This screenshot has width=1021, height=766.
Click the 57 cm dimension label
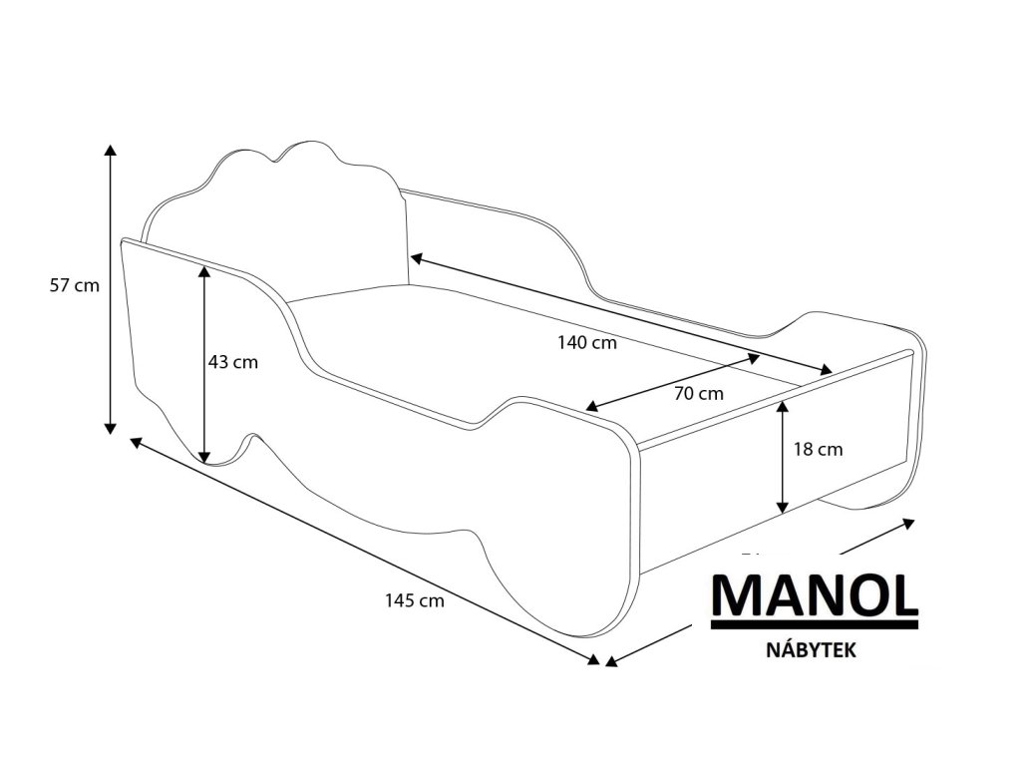75,285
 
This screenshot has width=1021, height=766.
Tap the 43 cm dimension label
233,362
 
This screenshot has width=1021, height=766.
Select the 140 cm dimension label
587,343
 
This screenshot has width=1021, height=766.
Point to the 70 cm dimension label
698,393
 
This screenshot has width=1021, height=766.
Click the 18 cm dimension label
818,449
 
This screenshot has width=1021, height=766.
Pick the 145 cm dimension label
414,600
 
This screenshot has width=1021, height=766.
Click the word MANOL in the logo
814,595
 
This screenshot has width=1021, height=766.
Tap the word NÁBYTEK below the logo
813,648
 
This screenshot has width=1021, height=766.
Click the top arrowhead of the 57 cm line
111,150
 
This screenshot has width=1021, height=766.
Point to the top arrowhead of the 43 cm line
205,270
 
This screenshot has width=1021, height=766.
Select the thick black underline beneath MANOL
814,625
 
